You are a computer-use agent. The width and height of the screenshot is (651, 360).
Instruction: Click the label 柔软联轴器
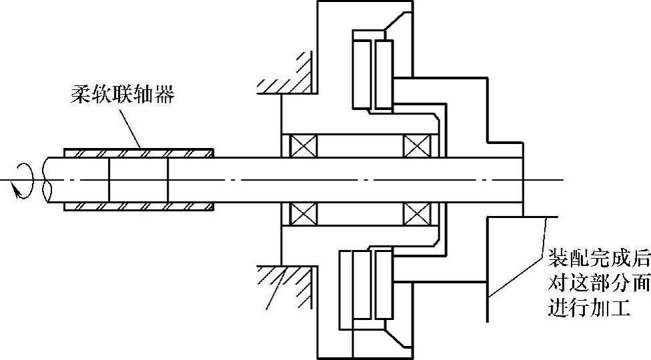tap(122, 95)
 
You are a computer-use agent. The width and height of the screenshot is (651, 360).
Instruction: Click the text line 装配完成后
tap(598, 257)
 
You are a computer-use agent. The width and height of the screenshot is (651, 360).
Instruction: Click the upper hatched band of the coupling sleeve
tap(139, 153)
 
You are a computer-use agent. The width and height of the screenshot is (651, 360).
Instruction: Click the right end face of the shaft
tap(524, 180)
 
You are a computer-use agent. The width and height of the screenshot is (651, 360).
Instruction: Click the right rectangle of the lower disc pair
tap(383, 283)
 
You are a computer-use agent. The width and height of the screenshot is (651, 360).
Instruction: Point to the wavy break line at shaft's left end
tap(45, 180)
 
